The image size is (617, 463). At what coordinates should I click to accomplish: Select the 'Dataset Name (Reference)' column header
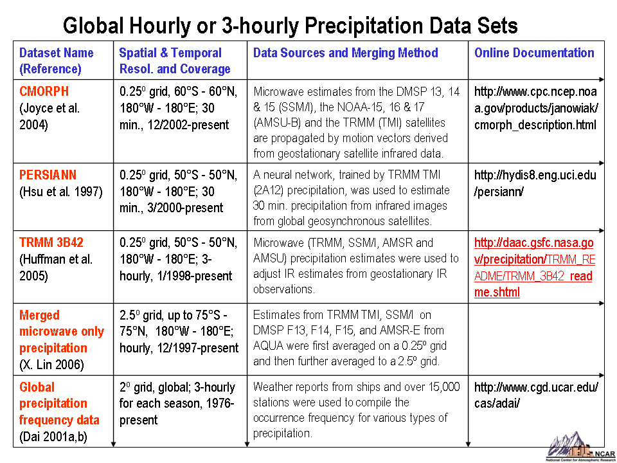(x=57, y=60)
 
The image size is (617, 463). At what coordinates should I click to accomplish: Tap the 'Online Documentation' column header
(x=534, y=53)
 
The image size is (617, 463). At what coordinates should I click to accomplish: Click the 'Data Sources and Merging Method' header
(x=345, y=53)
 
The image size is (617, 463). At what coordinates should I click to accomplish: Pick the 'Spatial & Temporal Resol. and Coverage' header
(x=175, y=60)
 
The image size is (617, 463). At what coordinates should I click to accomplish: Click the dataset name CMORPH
(x=44, y=91)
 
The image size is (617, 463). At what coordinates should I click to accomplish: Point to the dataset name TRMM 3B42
(x=51, y=242)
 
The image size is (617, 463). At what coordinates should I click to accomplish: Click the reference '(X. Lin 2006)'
(x=51, y=365)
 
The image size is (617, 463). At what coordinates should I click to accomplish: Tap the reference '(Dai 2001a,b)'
(x=53, y=437)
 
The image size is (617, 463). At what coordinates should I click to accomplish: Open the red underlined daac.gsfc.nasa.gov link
(x=533, y=268)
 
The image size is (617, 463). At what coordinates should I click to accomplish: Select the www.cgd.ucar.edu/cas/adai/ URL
(x=537, y=395)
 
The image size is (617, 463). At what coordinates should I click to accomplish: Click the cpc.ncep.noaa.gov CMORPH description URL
(x=535, y=108)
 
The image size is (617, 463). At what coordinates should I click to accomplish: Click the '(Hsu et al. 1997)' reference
(x=61, y=192)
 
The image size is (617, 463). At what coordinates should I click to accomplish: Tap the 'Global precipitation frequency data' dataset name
(x=59, y=403)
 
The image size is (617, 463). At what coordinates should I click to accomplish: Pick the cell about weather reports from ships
(x=357, y=410)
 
